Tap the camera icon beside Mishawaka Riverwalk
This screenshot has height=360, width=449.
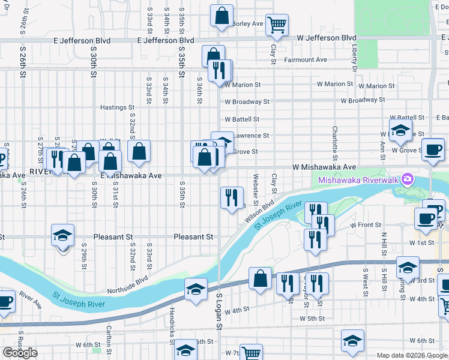408,179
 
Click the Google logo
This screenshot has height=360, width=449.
20,353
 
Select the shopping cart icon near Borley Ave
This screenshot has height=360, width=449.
276,25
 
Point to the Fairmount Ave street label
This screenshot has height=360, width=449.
306,60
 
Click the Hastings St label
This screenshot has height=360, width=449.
117,107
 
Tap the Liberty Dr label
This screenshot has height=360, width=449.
355,58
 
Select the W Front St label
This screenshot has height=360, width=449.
366,225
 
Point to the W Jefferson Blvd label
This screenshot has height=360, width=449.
327,38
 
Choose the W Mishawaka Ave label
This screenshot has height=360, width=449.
324,167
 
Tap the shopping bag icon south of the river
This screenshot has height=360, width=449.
260,279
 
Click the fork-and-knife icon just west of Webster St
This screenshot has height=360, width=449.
232,197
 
